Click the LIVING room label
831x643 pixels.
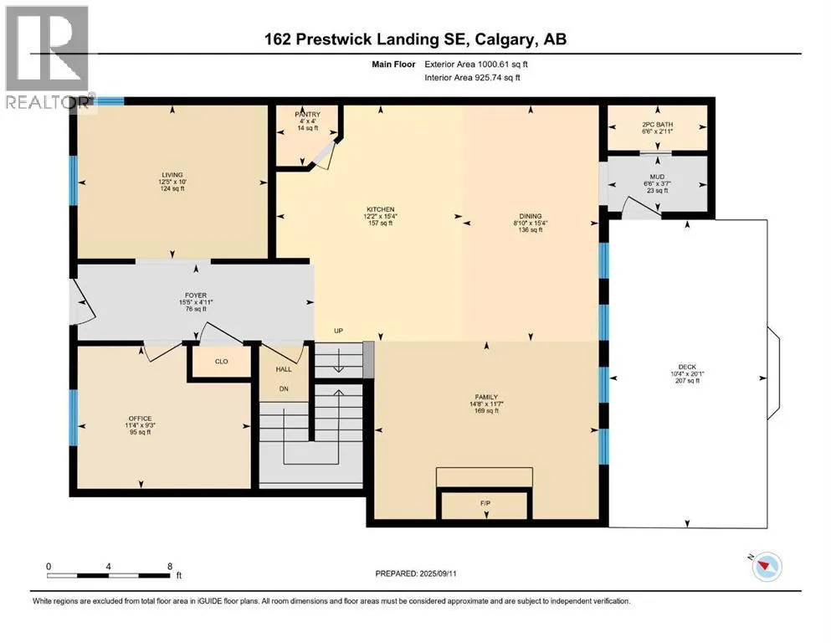172,174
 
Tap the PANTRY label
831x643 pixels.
307,114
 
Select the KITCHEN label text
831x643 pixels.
381,209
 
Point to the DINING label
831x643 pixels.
531,216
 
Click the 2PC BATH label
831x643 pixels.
657,125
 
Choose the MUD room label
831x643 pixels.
657,177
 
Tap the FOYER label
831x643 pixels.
196,296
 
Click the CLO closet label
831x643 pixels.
222,362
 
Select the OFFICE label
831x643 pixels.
140,419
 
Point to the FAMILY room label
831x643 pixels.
486,397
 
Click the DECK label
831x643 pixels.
687,367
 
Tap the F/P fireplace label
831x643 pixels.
485,503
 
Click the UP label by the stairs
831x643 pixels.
338,331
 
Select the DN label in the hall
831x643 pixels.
284,388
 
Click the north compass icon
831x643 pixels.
766,566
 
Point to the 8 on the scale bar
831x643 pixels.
170,566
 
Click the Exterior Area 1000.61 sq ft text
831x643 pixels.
476,64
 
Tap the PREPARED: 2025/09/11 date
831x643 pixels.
416,574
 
